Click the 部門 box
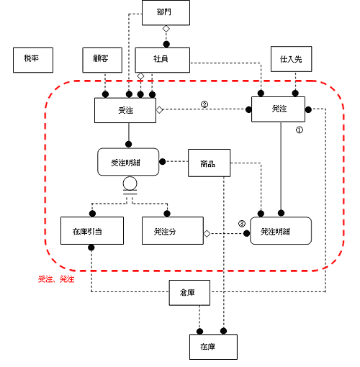pos(166,13)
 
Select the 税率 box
pos(33,60)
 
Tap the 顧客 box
pos(102,60)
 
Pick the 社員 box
pos(163,60)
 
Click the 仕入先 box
pos(292,59)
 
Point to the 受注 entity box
pos(125,110)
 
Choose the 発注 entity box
pos(279,109)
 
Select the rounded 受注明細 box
pos(128,162)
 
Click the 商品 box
pos(210,163)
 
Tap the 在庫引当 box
pos(92,231)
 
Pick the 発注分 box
pos(173,231)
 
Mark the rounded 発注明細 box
pos(281,231)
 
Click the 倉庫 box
pos(189,293)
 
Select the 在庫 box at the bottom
pos(213,347)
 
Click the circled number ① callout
pos(300,130)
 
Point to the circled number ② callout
pos(204,104)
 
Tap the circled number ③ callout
pos(242,224)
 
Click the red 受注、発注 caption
pos(56,279)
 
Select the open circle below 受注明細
pos(130,183)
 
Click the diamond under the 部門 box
pos(166,29)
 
